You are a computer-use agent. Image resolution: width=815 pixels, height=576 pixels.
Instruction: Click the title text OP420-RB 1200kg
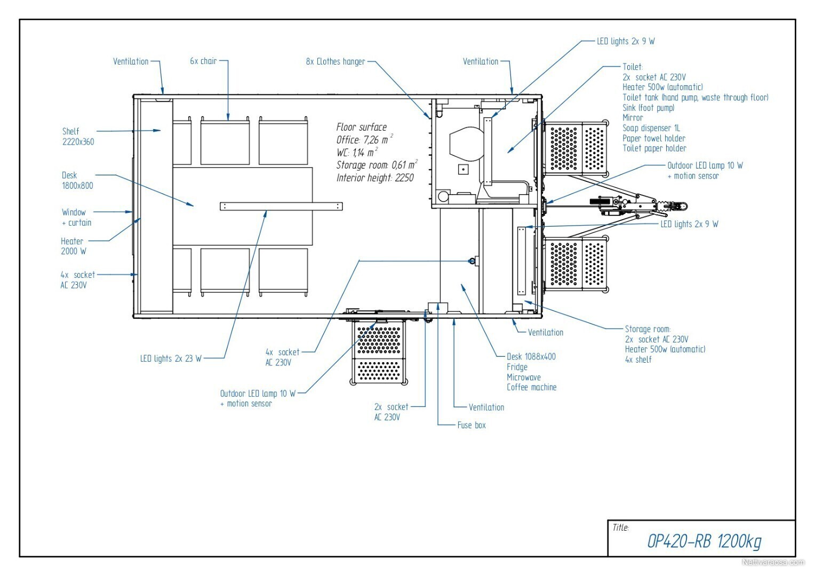coord(704,541)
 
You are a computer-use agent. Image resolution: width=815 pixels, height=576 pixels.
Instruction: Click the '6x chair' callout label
coord(203,61)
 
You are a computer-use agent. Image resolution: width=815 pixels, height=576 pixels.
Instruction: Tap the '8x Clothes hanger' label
coord(335,61)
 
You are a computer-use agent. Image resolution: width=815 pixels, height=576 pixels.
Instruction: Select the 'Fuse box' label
coord(472,425)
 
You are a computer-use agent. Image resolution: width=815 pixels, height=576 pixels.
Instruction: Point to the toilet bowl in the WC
coord(467,143)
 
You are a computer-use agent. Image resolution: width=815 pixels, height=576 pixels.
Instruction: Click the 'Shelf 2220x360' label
coord(78,137)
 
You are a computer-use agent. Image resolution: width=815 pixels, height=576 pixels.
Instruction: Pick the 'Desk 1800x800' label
coord(77,180)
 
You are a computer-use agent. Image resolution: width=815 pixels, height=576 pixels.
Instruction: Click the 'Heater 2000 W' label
coord(74,246)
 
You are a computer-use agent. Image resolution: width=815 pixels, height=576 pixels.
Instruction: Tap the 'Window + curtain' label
coord(76,217)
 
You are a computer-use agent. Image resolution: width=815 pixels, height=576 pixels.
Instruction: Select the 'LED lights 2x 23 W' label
coord(171,358)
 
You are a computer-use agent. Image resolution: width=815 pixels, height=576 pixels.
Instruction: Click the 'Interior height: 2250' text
coord(375,178)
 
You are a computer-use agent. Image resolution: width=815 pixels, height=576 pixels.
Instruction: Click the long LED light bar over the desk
coord(281,206)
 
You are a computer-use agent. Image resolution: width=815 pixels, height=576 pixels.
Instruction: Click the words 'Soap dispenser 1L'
coord(651,128)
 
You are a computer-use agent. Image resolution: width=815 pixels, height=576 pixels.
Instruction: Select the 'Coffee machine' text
coord(532,387)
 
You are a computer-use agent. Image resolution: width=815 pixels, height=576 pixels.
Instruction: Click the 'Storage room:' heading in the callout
coord(648,329)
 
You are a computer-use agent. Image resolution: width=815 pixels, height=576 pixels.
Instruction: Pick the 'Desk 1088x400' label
coord(531,357)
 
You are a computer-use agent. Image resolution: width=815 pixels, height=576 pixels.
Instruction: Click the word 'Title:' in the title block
coord(621,527)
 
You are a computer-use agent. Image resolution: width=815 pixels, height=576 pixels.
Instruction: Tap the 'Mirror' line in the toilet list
coord(633,117)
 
